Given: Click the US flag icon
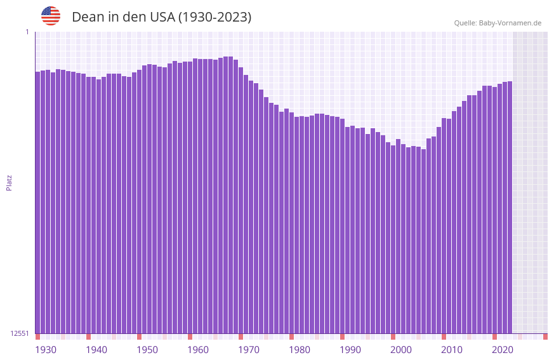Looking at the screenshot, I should [x=51, y=16].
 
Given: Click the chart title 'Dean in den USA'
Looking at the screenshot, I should [x=161, y=17].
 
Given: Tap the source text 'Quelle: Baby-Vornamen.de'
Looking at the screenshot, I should [x=498, y=23].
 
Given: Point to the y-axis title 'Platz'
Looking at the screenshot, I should [x=9, y=182].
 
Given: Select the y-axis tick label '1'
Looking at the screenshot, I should [x=27, y=32].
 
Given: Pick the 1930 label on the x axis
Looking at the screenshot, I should [x=46, y=350].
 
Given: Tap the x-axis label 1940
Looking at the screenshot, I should [x=96, y=350].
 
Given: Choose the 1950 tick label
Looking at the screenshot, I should [x=147, y=350].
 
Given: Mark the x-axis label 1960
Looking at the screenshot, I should [x=198, y=350].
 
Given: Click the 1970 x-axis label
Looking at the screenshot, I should [x=249, y=350].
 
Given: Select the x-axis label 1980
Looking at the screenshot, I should [x=300, y=350].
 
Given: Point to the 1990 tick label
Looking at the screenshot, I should [x=350, y=350].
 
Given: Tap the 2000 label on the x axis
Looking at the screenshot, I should [x=401, y=350].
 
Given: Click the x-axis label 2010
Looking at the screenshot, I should [x=452, y=350].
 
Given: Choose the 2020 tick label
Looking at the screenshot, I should [x=503, y=350].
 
